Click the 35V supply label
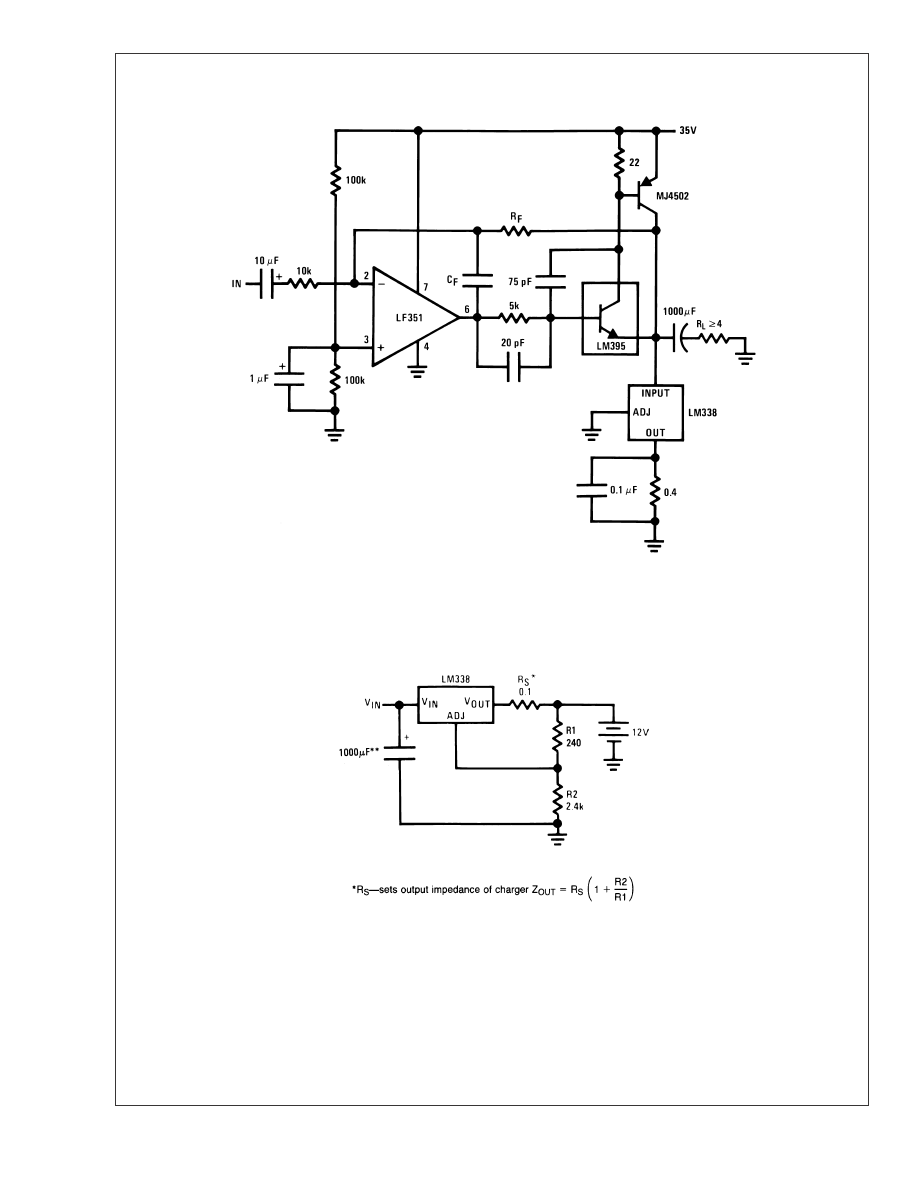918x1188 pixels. (x=688, y=130)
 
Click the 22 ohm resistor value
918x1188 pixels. (x=634, y=161)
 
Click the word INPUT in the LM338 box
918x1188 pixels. (x=656, y=393)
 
